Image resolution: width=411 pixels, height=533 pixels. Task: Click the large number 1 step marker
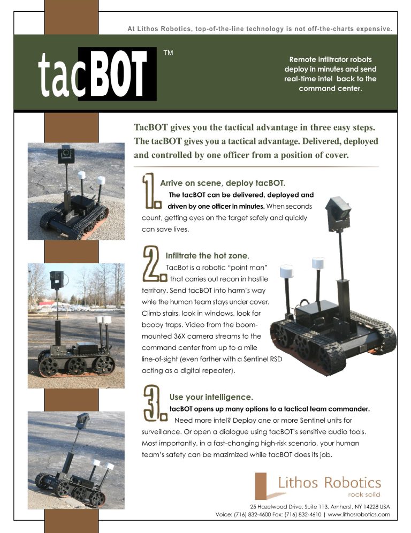click(x=151, y=192)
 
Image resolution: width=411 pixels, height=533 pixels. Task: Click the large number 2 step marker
click(x=151, y=264)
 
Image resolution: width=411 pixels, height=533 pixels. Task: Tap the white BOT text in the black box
click(x=117, y=74)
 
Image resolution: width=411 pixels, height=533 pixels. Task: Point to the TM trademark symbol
click(x=168, y=54)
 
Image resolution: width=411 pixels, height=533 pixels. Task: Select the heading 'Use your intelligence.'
click(x=211, y=397)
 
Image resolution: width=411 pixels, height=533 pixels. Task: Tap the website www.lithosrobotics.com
click(x=359, y=514)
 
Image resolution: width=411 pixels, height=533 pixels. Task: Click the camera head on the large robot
click(x=339, y=210)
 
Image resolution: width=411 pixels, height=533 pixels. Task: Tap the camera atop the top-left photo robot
click(x=66, y=155)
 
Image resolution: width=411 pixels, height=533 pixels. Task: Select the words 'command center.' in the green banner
click(x=330, y=89)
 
